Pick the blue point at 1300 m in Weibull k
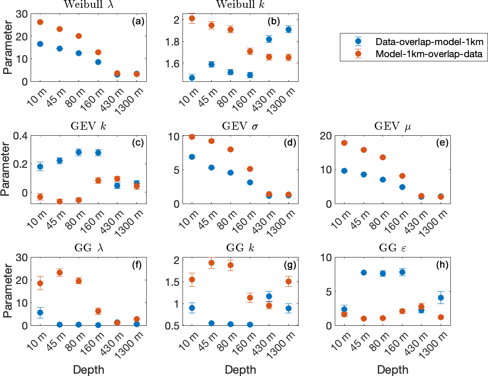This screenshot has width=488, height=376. coord(288,29)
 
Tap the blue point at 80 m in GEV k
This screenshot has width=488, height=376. coord(78,152)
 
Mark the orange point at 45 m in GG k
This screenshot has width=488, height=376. coord(211,263)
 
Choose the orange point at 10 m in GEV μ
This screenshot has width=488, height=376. coord(344,143)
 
